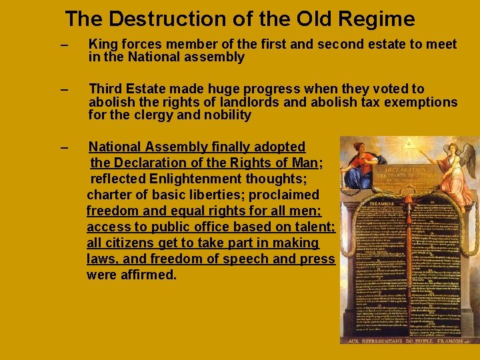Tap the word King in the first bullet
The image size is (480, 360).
click(102, 45)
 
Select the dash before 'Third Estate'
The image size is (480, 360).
click(63, 89)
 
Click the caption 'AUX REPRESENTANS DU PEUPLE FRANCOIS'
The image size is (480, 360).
click(407, 340)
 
